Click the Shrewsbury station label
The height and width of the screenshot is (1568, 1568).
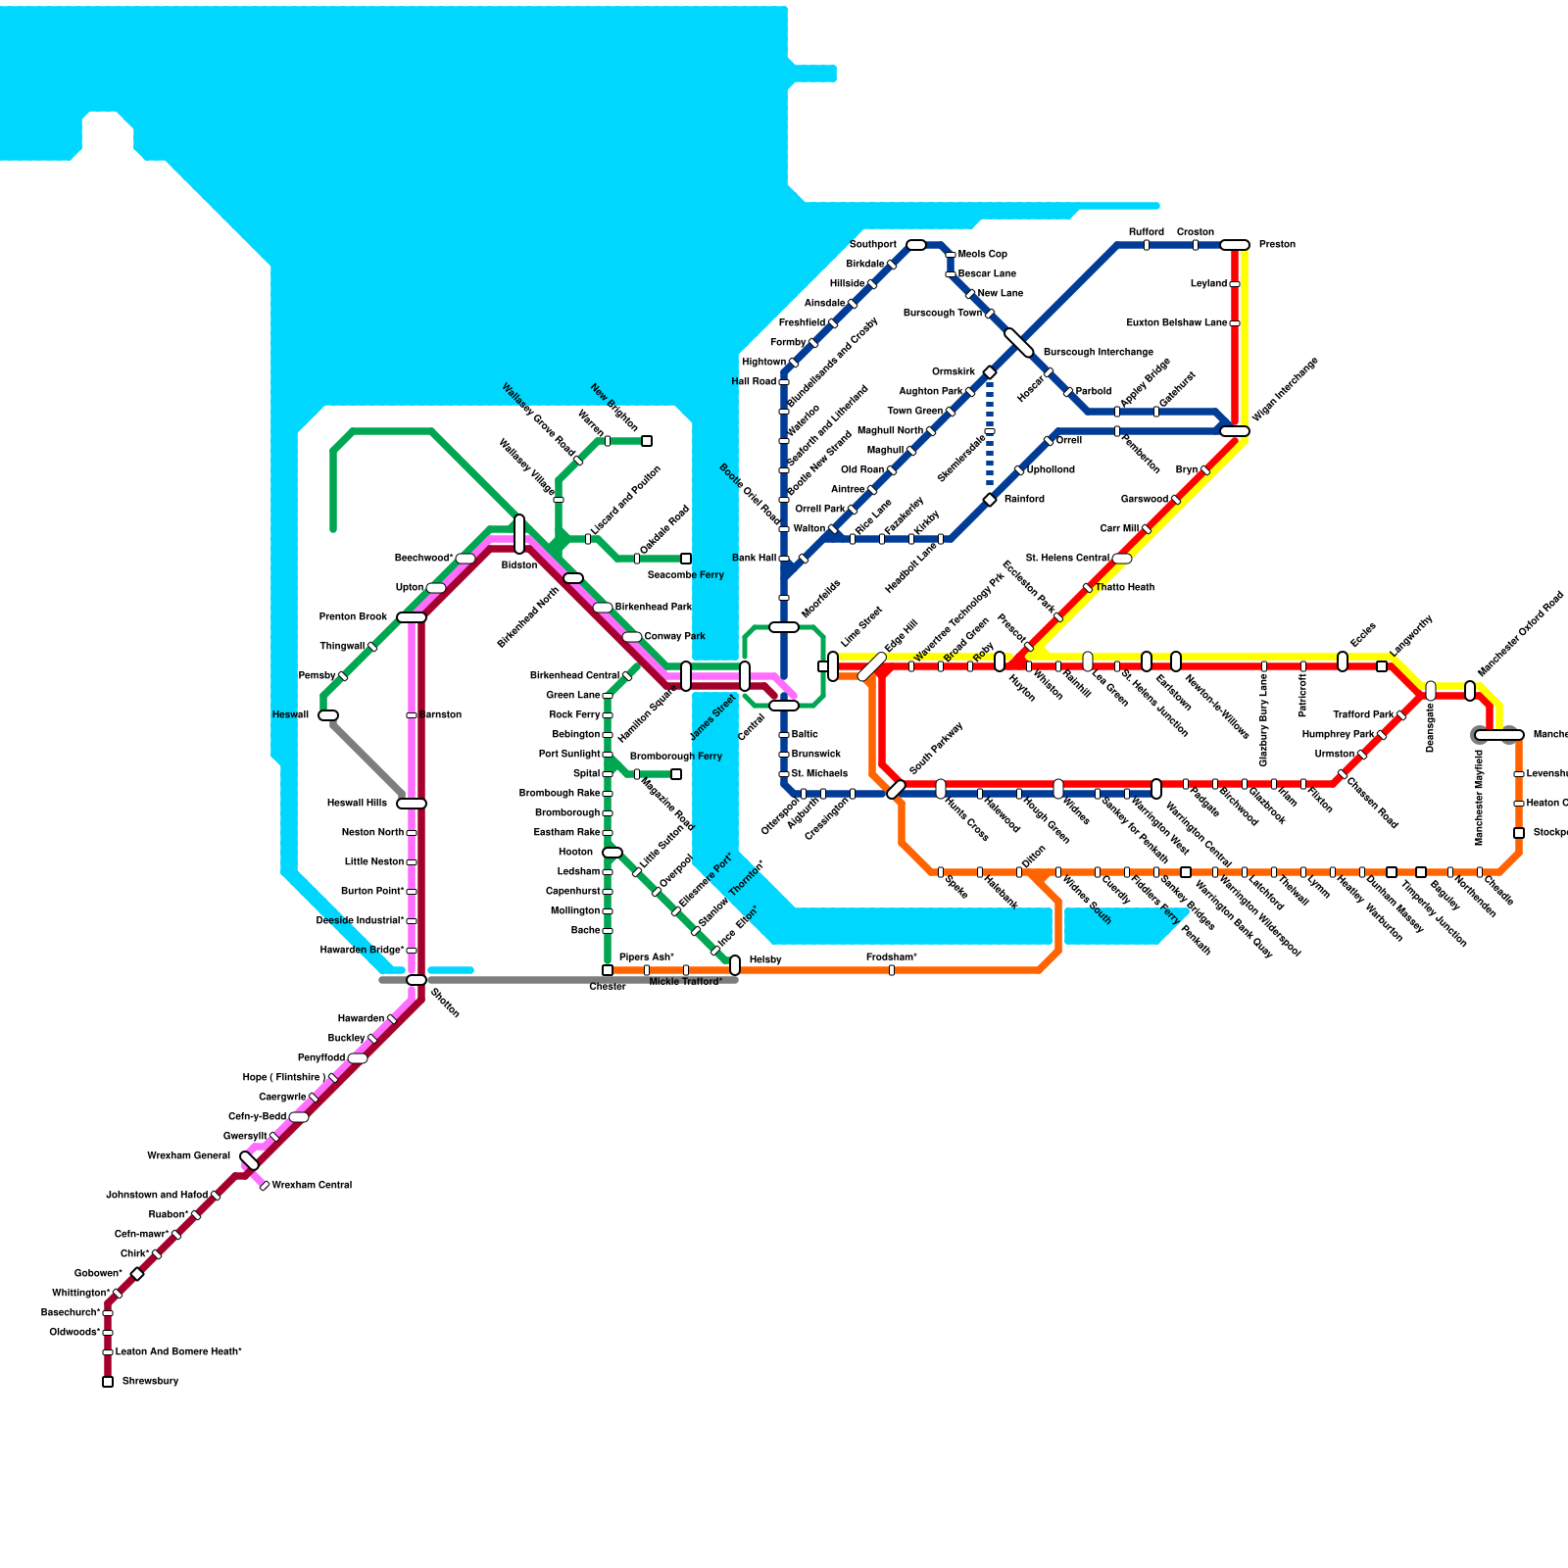[x=150, y=1381]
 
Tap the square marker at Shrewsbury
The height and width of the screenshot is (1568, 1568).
[x=108, y=1382]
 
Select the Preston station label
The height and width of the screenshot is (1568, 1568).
[x=1277, y=244]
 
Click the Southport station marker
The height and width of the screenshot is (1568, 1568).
[x=916, y=245]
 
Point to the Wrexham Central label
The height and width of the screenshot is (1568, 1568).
[x=312, y=1185]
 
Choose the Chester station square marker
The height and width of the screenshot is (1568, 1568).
[x=608, y=970]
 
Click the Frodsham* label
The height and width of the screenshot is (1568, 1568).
[x=892, y=956]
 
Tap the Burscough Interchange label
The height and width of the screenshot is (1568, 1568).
[x=1098, y=352]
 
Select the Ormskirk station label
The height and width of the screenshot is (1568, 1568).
[x=953, y=371]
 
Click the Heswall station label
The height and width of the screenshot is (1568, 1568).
[x=290, y=714]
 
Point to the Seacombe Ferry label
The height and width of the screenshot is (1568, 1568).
[x=685, y=574]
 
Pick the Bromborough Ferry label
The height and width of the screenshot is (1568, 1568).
[x=675, y=756]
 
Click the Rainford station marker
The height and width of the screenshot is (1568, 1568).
[x=990, y=500]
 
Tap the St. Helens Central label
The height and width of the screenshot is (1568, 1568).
[x=1067, y=558]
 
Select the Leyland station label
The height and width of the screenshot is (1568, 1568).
[x=1208, y=283]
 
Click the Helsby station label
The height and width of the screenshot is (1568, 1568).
[x=764, y=959]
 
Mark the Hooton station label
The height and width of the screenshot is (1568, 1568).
[x=575, y=852]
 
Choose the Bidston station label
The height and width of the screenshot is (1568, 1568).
[x=519, y=564]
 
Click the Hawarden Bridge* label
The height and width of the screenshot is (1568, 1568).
[x=362, y=950]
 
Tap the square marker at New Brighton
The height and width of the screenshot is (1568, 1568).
[x=647, y=441]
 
